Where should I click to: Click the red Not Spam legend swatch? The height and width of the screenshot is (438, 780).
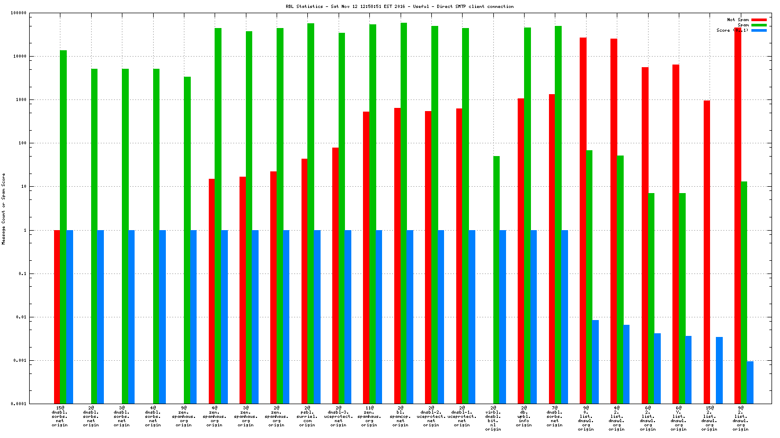click(759, 20)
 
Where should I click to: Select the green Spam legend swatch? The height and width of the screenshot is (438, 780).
click(759, 25)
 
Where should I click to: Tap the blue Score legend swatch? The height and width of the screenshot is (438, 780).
click(759, 30)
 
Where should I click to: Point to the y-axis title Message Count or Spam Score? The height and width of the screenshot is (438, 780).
click(3, 209)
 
